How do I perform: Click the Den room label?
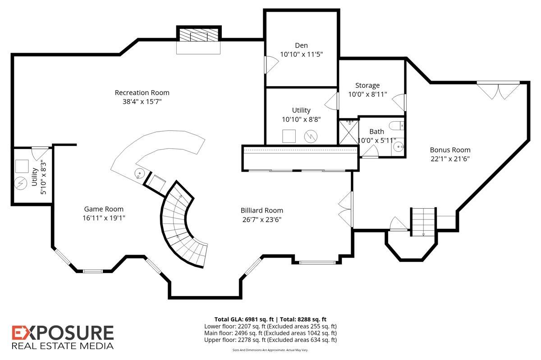point(301,46)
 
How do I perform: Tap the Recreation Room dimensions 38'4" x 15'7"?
point(142,101)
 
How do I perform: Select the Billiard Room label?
point(262,210)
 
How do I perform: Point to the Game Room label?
point(104,209)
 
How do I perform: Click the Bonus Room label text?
point(450,150)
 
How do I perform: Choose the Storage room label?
point(367,86)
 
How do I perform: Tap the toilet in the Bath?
point(396,126)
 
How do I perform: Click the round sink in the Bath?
point(398,146)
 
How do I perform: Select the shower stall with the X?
point(349,132)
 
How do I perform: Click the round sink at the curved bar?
point(140,173)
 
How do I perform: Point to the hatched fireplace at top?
point(198,35)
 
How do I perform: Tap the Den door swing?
point(271,64)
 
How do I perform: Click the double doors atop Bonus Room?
point(498,90)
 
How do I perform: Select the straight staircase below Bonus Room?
point(423,222)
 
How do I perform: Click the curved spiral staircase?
point(183,225)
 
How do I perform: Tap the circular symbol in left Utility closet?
point(21,183)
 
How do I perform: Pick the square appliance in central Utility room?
point(289,137)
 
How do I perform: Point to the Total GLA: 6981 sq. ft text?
point(244,319)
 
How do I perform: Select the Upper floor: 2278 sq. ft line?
point(270,340)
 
